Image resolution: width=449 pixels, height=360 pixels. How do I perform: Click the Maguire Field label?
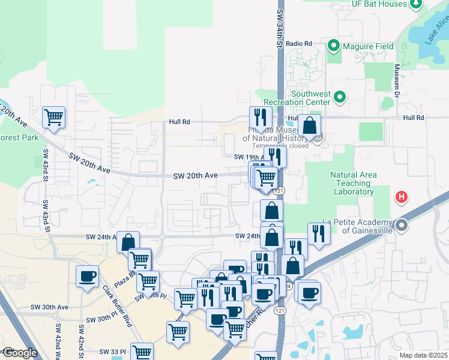tap(368, 46)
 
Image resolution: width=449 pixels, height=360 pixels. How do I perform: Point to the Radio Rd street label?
tap(299, 44)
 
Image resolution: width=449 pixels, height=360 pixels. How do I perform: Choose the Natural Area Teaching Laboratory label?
tap(354, 183)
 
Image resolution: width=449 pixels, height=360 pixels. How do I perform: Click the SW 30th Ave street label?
tap(49, 307)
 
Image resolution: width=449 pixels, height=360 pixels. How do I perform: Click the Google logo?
tap(20, 353)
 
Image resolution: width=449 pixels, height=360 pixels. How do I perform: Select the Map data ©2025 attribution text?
tap(424, 355)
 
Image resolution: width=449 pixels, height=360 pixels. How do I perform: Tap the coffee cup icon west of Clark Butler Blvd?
tap(88, 276)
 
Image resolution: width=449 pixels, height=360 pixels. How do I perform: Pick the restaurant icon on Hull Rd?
tap(261, 116)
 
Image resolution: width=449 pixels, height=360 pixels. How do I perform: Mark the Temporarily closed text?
tap(280, 146)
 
